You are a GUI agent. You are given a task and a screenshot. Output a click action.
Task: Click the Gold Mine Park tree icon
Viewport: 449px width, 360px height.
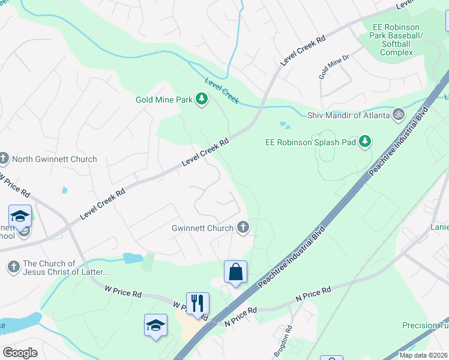click(x=202, y=99)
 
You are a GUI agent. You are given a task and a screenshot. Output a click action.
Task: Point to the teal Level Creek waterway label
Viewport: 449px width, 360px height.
click(x=221, y=91)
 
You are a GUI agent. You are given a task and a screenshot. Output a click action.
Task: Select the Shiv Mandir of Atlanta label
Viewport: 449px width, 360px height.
click(x=348, y=115)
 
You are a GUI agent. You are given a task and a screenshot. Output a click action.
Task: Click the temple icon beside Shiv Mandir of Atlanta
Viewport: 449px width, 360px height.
click(x=398, y=115)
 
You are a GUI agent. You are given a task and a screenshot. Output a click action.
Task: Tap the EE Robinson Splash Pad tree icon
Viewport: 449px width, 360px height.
click(x=364, y=142)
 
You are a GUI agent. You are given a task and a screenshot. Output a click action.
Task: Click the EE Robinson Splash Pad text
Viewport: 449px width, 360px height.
click(x=310, y=142)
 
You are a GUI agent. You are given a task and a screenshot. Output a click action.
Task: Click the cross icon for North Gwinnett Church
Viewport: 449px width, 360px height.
click(x=4, y=159)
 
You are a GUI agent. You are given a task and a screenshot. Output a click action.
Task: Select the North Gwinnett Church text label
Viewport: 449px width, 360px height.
click(x=55, y=159)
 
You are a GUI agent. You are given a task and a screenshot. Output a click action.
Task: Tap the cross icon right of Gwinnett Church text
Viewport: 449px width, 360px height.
click(x=243, y=227)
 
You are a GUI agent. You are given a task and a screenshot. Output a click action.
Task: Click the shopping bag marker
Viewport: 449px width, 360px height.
click(x=236, y=271)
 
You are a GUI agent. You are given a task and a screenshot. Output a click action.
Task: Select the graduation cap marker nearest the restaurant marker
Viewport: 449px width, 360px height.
click(x=156, y=325)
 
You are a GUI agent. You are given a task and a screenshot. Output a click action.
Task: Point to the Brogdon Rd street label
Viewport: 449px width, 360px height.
click(x=288, y=341)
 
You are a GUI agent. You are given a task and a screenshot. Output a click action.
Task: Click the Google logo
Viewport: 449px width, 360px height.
click(x=20, y=353)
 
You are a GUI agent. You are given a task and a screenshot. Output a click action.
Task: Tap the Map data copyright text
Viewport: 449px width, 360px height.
click(x=423, y=355)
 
